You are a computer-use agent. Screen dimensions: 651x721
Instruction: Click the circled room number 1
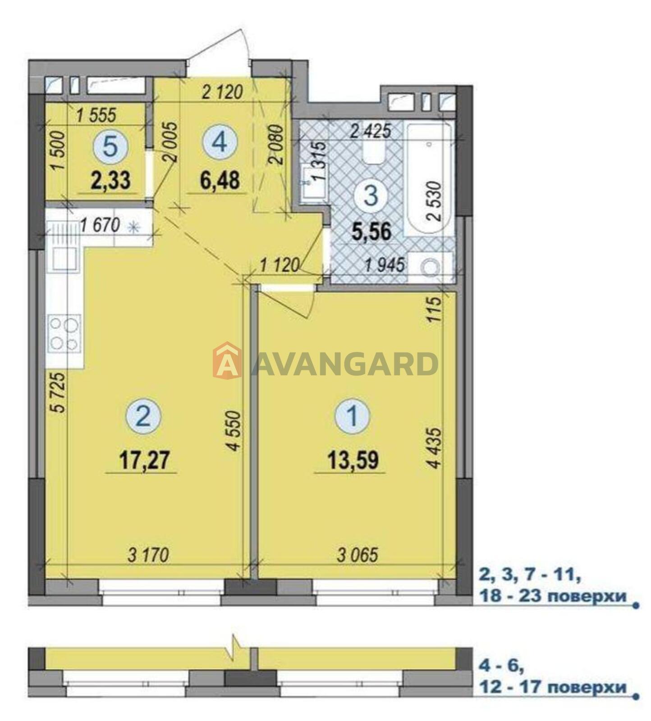(x=353, y=416)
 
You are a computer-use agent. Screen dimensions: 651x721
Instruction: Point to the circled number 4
(x=220, y=143)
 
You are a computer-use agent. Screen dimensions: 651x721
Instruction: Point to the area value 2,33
(x=110, y=181)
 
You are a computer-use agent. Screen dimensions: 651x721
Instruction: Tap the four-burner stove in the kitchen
(x=64, y=333)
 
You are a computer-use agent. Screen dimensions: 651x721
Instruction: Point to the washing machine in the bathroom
(x=431, y=268)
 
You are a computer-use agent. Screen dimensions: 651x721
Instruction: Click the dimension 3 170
(x=148, y=554)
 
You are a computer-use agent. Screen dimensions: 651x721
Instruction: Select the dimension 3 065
(x=358, y=554)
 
